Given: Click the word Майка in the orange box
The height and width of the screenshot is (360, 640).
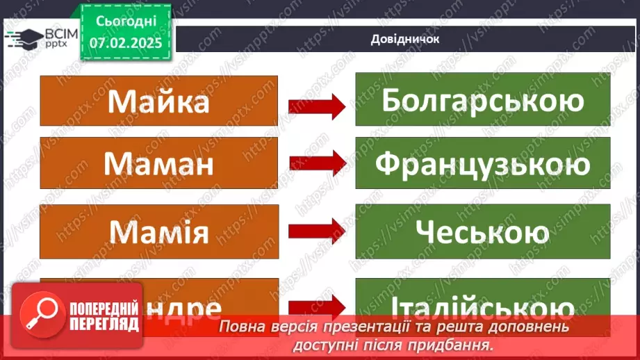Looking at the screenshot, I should coord(159,101).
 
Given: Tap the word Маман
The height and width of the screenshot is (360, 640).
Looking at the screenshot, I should coord(159,165).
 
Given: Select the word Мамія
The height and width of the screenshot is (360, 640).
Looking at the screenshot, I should coord(159,231).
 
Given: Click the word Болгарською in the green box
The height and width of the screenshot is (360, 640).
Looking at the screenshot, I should coord(482,101).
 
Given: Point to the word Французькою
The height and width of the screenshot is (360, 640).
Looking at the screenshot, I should coord(482,165).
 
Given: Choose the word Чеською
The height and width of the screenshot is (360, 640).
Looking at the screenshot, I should coord(482,231).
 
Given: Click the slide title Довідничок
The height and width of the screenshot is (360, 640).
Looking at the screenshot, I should coord(404,39).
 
